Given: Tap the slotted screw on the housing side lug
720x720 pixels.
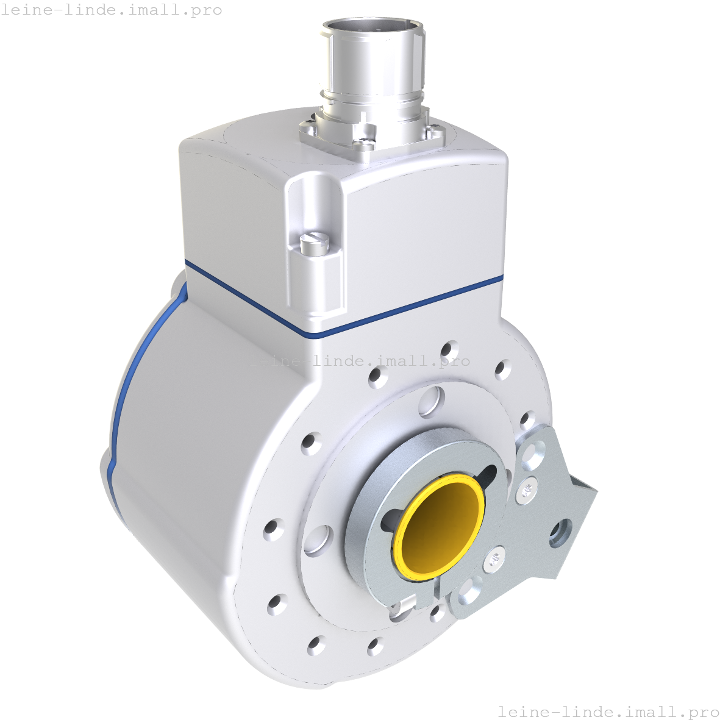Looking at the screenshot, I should tap(315, 243).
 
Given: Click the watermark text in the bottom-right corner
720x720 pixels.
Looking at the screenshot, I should tap(608, 711).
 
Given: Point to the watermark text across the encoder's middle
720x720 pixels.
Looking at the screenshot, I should tap(360, 361).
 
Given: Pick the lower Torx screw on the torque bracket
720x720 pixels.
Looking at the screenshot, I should tap(495, 560).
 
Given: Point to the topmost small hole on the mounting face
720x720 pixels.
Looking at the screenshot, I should tap(449, 350).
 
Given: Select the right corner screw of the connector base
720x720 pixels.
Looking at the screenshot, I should tap(434, 130).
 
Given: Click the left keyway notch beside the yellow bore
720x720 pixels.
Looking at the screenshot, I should tap(390, 520).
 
